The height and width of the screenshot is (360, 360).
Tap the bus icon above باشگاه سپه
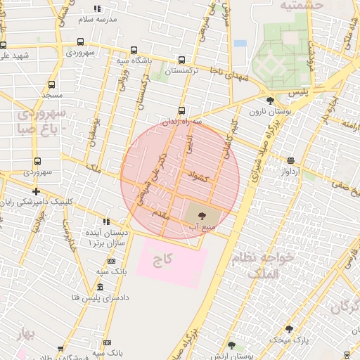click(134, 51)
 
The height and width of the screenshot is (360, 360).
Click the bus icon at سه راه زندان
click(182, 110)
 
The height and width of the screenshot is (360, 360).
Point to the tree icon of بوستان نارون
click(270, 101)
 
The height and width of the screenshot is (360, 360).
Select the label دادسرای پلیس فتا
click(75, 298)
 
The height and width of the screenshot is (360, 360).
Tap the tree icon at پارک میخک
click(288, 329)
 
